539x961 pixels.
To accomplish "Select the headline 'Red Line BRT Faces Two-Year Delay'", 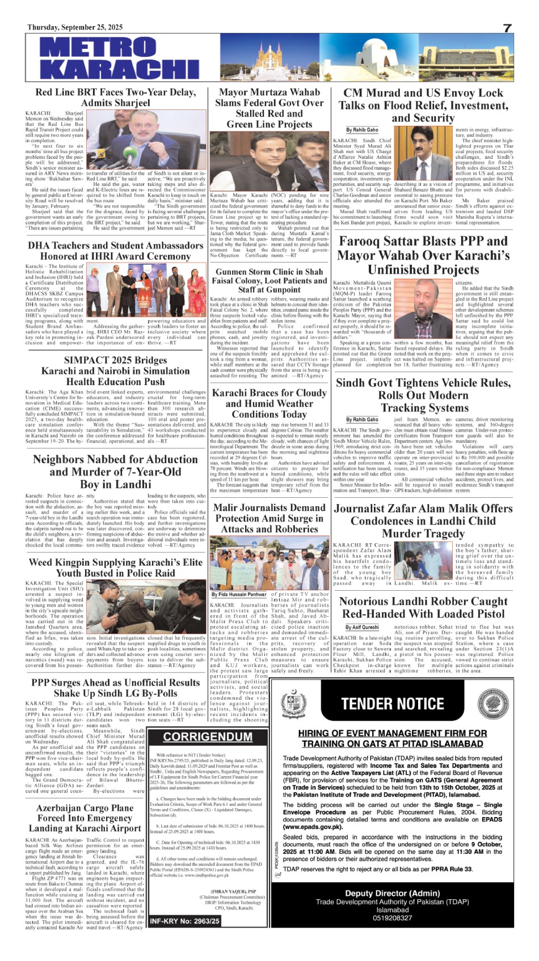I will click(x=115, y=98).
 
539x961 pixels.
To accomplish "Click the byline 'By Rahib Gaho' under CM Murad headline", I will click(x=362, y=130).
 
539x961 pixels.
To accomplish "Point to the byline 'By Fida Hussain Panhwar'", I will click(x=239, y=595).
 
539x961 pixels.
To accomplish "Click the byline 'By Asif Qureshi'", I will click(x=362, y=627).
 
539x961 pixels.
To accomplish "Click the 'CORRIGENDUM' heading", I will click(x=208, y=736).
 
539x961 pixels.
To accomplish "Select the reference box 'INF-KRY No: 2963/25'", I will click(x=184, y=921).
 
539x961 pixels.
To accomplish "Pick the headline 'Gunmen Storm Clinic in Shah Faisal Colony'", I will click(x=269, y=281).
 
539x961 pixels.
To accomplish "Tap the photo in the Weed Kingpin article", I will click(x=146, y=606).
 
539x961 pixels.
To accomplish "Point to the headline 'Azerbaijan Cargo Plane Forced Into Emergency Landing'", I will click(x=85, y=818).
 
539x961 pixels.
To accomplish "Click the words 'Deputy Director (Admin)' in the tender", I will click(x=393, y=893).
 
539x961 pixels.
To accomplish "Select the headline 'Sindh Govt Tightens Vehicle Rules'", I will click(x=423, y=395).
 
